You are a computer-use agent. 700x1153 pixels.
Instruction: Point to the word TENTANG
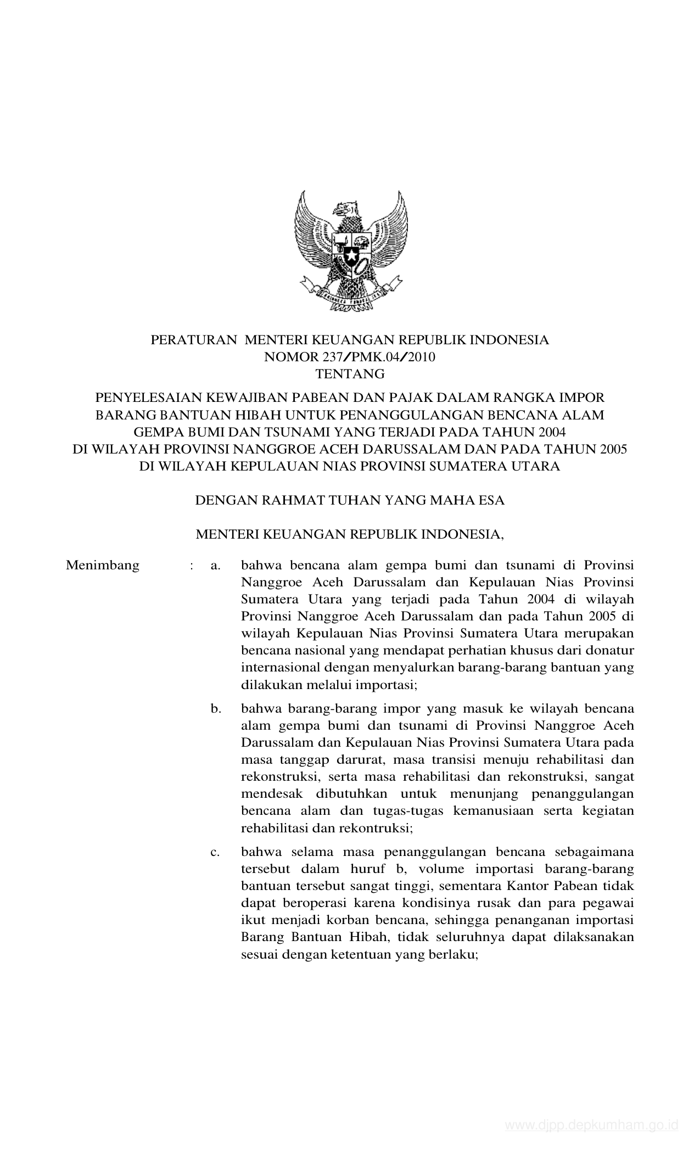pos(350,374)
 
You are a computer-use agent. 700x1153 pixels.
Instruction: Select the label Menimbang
pos(103,565)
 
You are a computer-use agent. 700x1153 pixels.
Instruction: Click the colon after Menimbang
pos(191,565)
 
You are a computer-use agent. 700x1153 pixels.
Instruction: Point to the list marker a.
pos(215,565)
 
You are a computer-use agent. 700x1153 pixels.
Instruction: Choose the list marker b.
pos(215,709)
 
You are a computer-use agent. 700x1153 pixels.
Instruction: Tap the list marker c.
pos(215,852)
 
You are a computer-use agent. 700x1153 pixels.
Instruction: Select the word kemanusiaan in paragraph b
pos(499,811)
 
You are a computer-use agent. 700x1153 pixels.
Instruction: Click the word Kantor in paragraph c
pos(529,886)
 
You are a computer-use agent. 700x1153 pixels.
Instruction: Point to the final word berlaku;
pos(457,955)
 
